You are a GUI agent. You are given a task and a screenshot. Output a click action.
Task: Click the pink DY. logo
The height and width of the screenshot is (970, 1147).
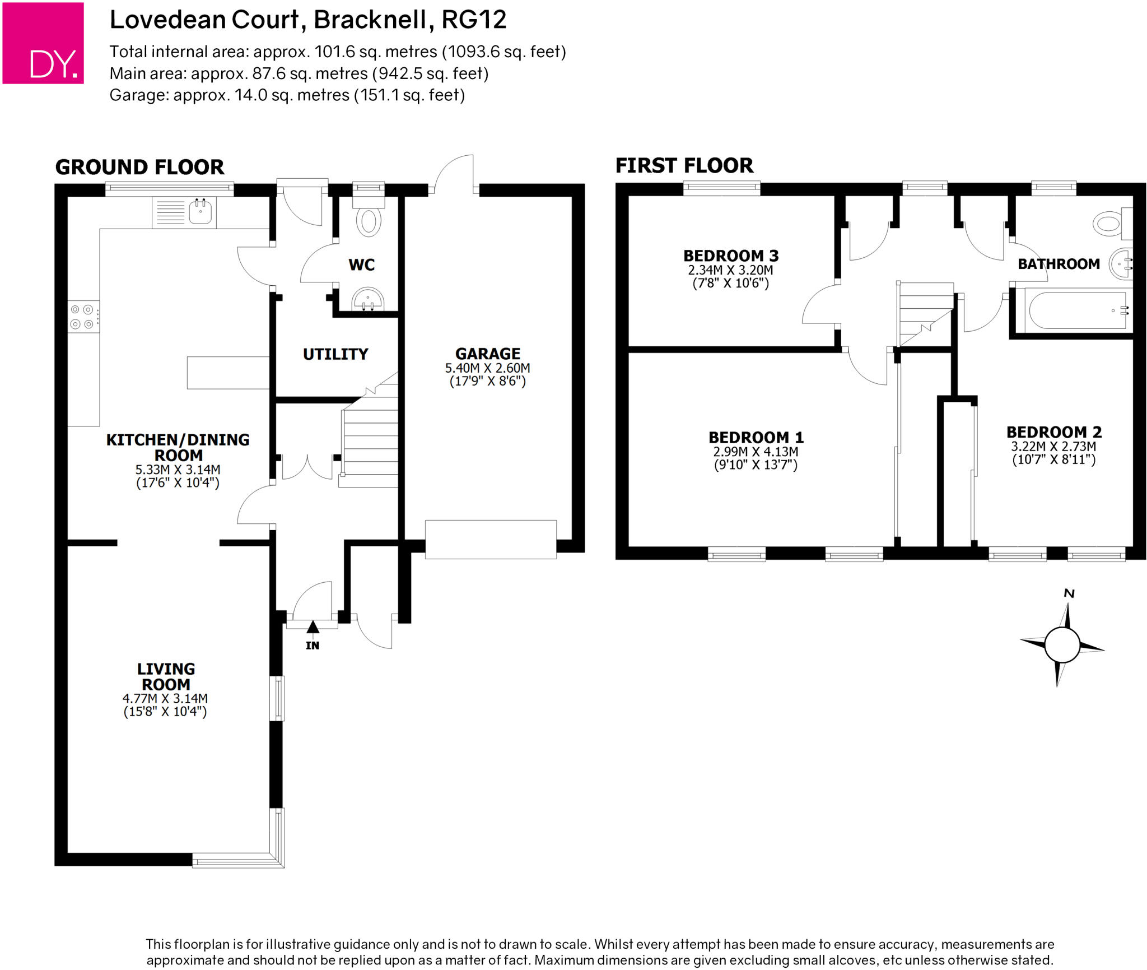[x=43, y=43]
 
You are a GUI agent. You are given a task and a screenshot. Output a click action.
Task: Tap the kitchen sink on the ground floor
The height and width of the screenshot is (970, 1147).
[x=200, y=212]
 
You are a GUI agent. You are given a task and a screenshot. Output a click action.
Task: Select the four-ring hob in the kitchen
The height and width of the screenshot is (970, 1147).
[x=82, y=317]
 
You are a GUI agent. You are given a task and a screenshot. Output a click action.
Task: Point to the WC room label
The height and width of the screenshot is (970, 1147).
[x=362, y=265]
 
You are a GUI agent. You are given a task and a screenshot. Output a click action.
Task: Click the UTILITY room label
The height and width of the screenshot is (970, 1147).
[x=335, y=354]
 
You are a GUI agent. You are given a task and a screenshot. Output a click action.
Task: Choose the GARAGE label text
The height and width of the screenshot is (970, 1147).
[x=488, y=354]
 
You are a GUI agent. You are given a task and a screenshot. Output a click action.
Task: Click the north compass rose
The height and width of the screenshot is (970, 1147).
[x=1062, y=644]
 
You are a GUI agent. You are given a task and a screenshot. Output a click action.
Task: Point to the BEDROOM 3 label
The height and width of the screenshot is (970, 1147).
[x=731, y=256]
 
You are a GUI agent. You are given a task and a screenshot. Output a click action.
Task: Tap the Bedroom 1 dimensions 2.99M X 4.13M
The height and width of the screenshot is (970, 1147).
[x=756, y=452]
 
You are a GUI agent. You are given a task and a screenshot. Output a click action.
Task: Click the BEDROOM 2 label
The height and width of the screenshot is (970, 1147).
[x=1054, y=432]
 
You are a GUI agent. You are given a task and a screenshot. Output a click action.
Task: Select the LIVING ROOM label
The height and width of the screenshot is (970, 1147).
[x=166, y=676]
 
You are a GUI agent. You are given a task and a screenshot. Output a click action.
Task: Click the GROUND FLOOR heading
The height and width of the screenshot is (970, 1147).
[x=139, y=167]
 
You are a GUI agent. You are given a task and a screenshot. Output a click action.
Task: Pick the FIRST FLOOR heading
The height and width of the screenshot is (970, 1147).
[x=684, y=165]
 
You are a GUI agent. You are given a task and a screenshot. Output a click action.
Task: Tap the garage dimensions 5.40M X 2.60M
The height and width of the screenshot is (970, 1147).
[x=487, y=368]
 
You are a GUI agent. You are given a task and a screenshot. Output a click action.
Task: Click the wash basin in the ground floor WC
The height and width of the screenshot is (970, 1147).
[x=368, y=299]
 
